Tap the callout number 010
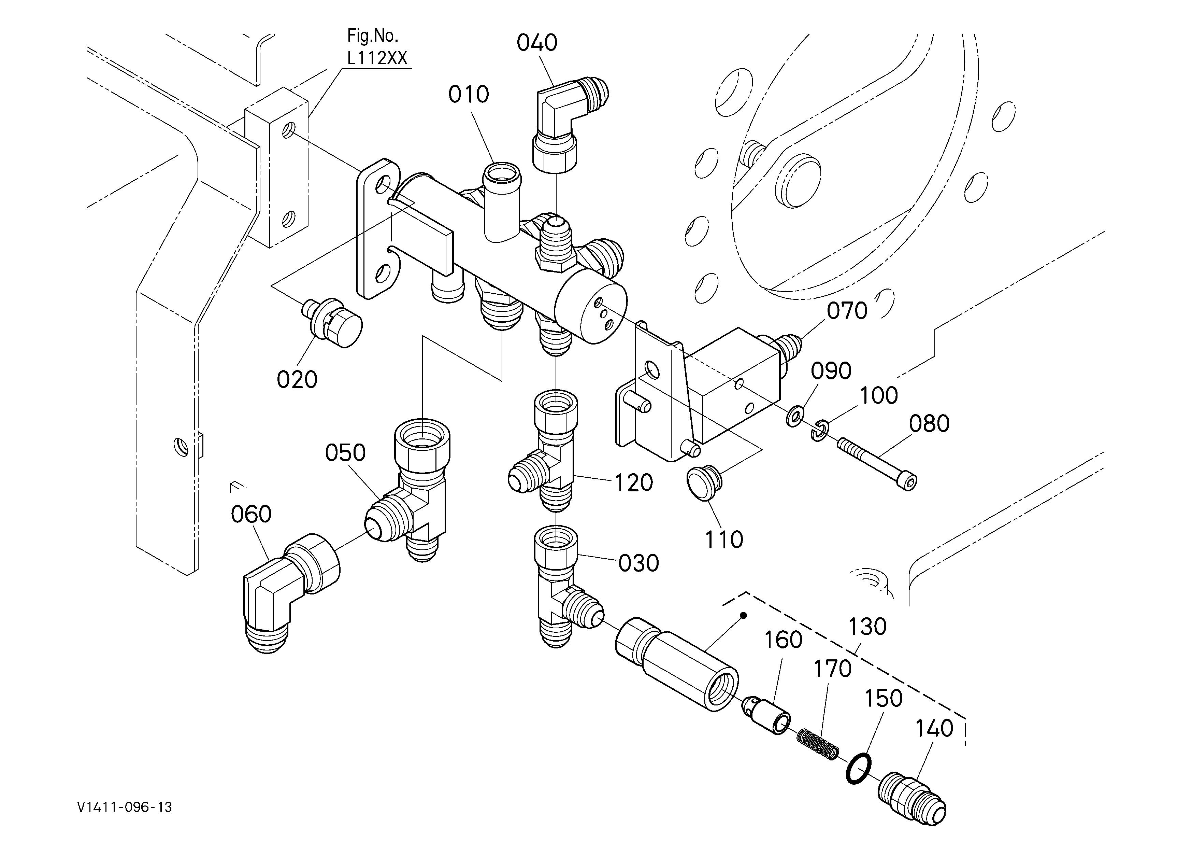469,95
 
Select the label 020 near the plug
297,379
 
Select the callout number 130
867,627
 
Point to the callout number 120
633,483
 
